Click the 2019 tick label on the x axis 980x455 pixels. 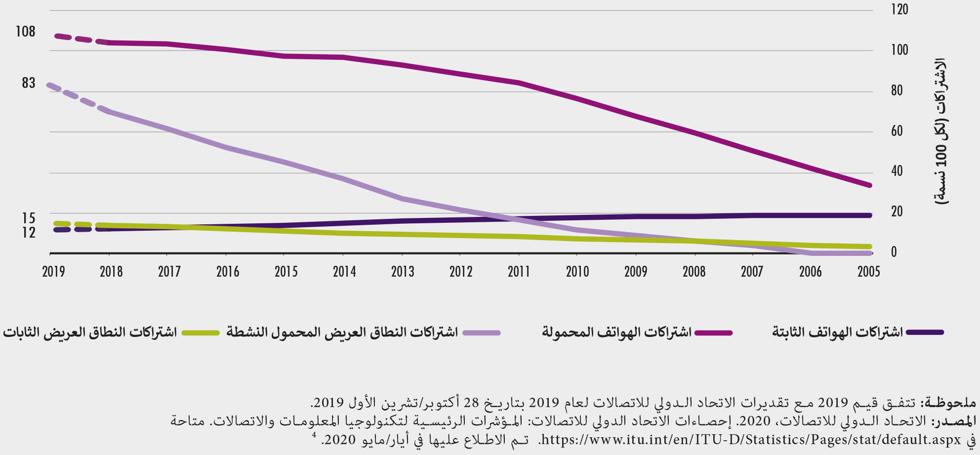point(53,271)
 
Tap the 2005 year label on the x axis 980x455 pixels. point(868,271)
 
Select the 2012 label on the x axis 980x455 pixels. point(461,271)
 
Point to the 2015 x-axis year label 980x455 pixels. point(286,271)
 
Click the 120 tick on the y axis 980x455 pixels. point(899,9)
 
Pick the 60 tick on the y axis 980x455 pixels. point(897,131)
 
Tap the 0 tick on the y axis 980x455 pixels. point(894,252)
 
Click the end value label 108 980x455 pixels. point(26,32)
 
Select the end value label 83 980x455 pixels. point(29,83)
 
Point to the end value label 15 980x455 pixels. point(29,218)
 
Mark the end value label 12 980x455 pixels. point(29,232)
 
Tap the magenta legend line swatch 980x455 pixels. point(713,332)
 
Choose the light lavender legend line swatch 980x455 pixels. point(482,332)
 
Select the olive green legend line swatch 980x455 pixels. point(201,332)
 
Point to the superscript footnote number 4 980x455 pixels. point(314,435)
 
